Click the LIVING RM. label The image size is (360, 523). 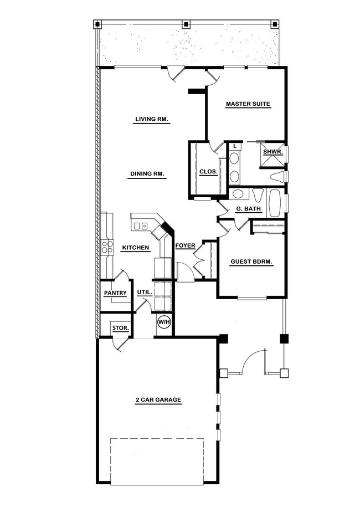click(152, 119)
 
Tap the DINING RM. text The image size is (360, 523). click(148, 174)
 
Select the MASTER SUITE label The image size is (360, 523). click(248, 104)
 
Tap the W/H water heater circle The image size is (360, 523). click(164, 322)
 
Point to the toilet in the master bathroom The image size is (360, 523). click(277, 176)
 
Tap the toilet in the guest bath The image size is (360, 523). click(257, 197)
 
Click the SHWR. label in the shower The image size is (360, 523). click(273, 151)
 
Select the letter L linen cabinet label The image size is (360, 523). click(235, 146)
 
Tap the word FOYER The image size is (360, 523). click(184, 245)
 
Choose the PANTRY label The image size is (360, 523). click(115, 293)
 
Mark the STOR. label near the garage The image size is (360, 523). click(121, 328)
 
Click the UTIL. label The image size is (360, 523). click(145, 292)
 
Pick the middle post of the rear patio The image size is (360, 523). click(186, 25)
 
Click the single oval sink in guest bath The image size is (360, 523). click(239, 194)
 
